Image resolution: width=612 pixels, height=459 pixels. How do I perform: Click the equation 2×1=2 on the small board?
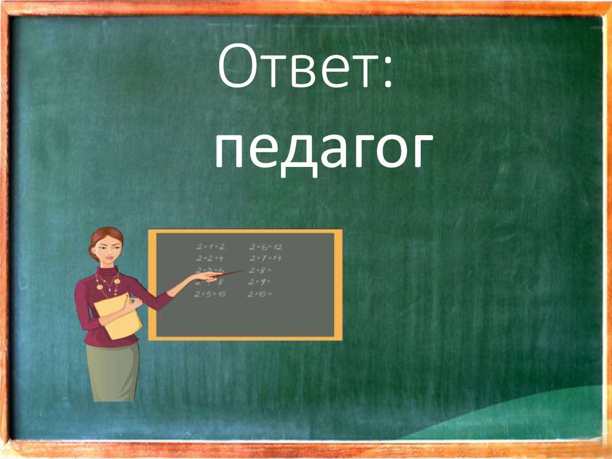(210, 247)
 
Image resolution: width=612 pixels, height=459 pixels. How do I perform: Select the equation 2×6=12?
(265, 247)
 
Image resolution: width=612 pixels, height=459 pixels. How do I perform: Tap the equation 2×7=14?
(265, 258)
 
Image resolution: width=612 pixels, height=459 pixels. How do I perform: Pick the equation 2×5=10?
(210, 294)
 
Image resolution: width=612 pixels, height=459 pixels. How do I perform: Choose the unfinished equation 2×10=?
(261, 294)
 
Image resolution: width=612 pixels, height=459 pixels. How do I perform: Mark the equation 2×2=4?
(210, 258)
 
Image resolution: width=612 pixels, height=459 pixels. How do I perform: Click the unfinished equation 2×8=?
(261, 270)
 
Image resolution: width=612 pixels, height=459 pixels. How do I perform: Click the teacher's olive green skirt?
(113, 371)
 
